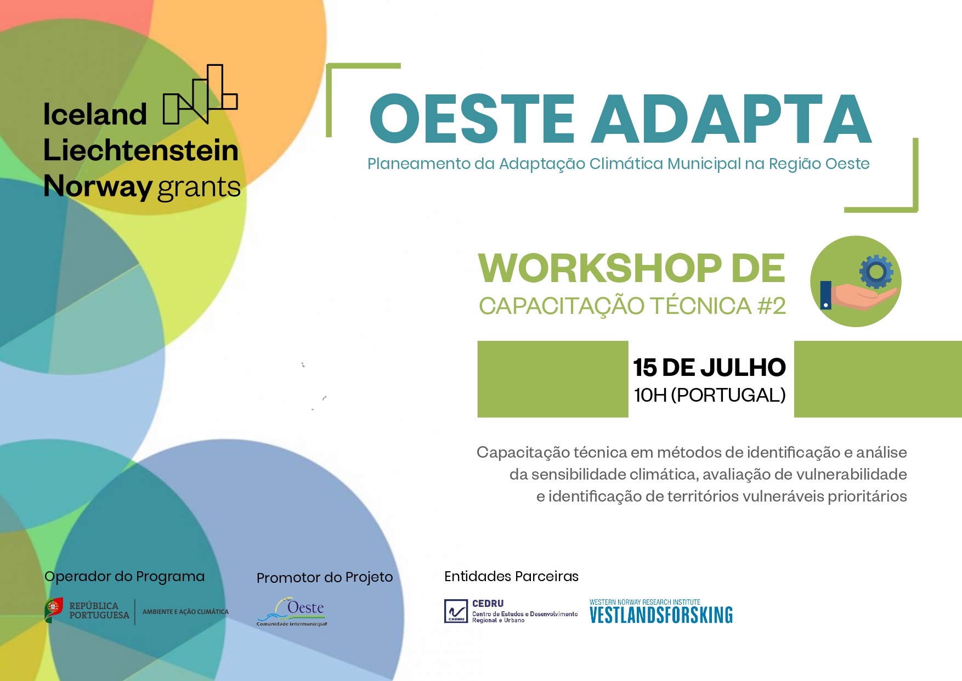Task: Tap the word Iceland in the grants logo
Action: pyautogui.click(x=95, y=114)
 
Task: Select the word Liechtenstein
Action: pyautogui.click(x=141, y=150)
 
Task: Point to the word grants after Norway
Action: pyautogui.click(x=199, y=187)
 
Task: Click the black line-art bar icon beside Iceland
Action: pyautogui.click(x=200, y=94)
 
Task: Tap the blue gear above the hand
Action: pyautogui.click(x=876, y=271)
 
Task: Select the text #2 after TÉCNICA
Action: pyautogui.click(x=771, y=306)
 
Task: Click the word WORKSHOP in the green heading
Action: pyautogui.click(x=600, y=268)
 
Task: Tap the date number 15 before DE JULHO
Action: pyautogui.click(x=645, y=367)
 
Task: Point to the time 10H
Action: pyautogui.click(x=650, y=395)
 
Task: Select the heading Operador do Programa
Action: pyautogui.click(x=125, y=576)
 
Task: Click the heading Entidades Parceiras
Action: pyautogui.click(x=511, y=576)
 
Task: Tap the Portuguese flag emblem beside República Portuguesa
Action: pyautogui.click(x=54, y=609)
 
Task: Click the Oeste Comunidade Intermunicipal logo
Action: pyautogui.click(x=292, y=611)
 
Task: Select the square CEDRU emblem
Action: pyautogui.click(x=456, y=611)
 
